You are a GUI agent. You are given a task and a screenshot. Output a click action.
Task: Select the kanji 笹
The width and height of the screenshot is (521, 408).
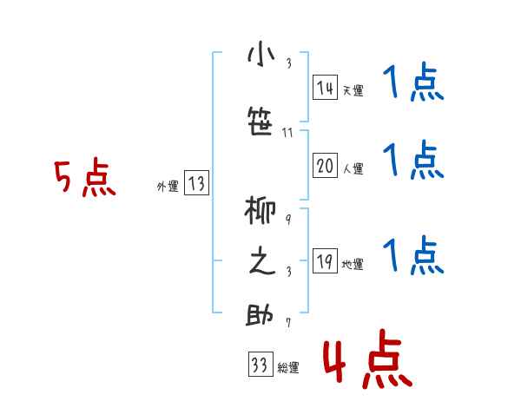point(260,122)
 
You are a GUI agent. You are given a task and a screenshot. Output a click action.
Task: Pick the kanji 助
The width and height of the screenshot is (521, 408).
point(260,315)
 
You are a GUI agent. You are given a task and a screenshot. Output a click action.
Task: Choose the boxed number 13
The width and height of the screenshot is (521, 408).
point(196,183)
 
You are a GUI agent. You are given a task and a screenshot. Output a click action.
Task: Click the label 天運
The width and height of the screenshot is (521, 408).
point(353,89)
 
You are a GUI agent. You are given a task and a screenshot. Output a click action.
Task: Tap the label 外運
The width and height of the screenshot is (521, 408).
point(168,185)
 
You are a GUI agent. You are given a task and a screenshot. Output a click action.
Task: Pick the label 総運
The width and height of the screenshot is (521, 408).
point(288,367)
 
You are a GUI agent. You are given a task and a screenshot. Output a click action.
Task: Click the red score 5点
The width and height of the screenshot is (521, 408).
point(84,179)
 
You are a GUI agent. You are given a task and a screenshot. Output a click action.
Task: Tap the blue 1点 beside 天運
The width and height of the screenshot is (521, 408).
point(412,85)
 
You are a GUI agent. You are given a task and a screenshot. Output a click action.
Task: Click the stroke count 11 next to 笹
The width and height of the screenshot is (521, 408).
point(287,133)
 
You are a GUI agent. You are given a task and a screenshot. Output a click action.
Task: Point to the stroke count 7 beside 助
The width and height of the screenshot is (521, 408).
point(287,324)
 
